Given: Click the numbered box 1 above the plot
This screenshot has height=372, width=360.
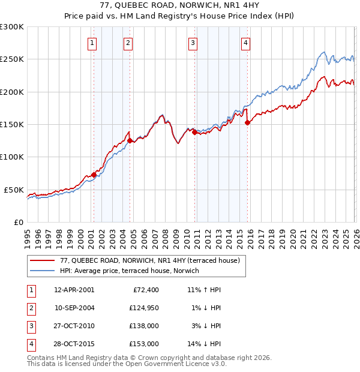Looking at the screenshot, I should click(92, 43).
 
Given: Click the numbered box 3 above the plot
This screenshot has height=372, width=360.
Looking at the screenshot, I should click(193, 43).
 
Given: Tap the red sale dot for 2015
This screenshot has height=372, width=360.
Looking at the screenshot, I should click(248, 122).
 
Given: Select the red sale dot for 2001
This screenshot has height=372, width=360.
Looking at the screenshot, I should click(94, 175).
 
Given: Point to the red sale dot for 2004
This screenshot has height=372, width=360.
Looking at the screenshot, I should click(130, 140).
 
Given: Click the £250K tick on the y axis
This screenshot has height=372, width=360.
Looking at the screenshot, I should click(12, 59).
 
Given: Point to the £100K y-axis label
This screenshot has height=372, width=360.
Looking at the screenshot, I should click(12, 157).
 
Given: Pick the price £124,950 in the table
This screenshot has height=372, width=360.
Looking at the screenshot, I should click(144, 308).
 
